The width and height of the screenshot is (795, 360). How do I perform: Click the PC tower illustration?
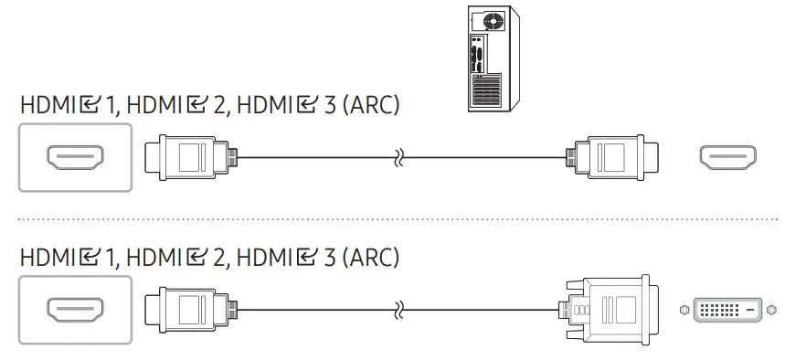click(493, 58)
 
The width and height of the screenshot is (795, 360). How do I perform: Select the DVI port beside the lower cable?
click(727, 310)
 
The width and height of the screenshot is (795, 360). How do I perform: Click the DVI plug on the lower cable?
click(609, 310)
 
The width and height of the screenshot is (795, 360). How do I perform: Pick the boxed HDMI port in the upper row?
click(75, 158)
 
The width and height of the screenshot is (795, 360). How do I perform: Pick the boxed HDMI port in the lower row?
click(75, 310)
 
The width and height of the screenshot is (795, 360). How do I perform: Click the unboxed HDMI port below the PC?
click(727, 157)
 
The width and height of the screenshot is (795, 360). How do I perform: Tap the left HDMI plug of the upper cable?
click(191, 157)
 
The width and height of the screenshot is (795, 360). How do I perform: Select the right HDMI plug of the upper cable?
click(612, 157)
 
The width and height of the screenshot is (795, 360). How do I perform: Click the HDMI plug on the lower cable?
click(191, 310)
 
